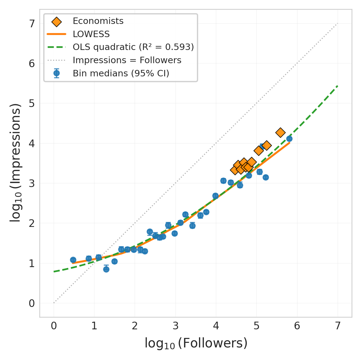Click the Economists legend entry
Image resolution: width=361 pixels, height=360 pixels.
pyautogui.click(x=98, y=21)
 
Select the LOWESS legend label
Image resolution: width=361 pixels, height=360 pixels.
pyautogui.click(x=91, y=34)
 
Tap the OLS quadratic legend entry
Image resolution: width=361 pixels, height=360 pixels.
pyautogui.click(x=133, y=47)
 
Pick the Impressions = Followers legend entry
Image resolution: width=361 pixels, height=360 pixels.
pyautogui.click(x=127, y=60)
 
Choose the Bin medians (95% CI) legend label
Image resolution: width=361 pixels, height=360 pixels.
pyautogui.click(x=121, y=74)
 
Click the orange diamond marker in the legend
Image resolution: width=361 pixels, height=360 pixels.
pyautogui.click(x=56, y=21)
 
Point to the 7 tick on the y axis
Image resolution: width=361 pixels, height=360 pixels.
pyautogui.click(x=32, y=24)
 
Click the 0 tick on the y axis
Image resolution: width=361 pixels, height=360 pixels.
pyautogui.click(x=32, y=303)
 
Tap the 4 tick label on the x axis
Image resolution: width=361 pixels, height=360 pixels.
pyautogui.click(x=216, y=326)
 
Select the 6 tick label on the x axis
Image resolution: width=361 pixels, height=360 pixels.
pyautogui.click(x=297, y=326)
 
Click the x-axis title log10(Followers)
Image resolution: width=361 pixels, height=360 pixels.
pyautogui.click(x=196, y=343)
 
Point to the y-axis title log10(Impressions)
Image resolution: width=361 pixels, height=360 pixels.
pyautogui.click(x=15, y=163)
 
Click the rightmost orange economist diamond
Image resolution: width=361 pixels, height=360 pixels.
pyautogui.click(x=280, y=132)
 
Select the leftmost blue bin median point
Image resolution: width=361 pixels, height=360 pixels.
pyautogui.click(x=73, y=260)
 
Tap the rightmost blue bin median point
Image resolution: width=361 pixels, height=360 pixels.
pyautogui.click(x=289, y=139)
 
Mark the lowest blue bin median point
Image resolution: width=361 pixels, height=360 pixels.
pyautogui.click(x=106, y=269)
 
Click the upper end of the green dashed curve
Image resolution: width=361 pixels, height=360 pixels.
pyautogui.click(x=337, y=86)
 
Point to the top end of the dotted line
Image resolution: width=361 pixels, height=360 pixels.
pyautogui.click(x=337, y=23)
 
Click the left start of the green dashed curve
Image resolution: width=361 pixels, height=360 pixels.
pyautogui.click(x=54, y=271)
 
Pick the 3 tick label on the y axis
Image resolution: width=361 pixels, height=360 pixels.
pyautogui.click(x=32, y=183)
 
